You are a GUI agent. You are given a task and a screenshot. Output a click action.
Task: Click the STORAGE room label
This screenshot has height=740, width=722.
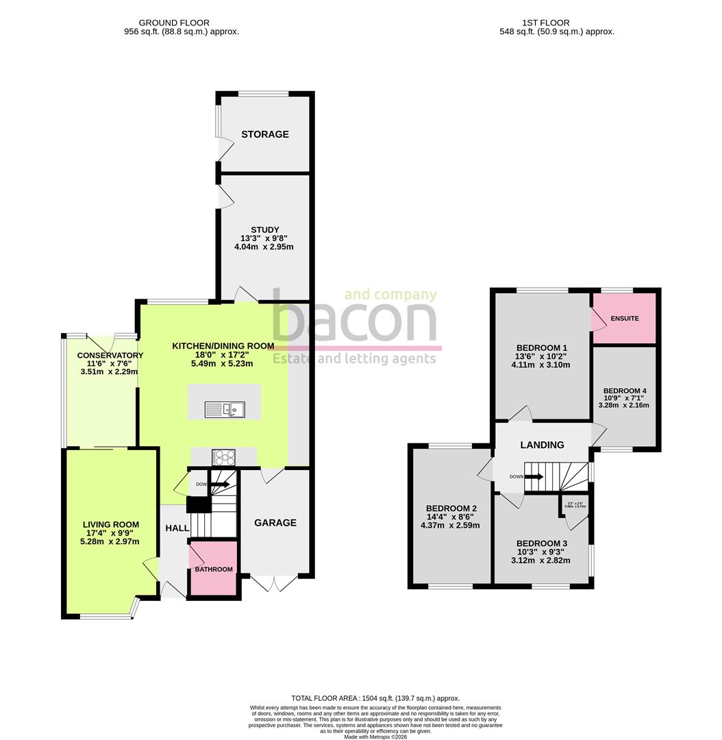264,134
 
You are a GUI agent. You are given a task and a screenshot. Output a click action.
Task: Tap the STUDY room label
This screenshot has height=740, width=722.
264,230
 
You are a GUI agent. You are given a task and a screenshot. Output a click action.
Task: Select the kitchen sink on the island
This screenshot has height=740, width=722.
225,410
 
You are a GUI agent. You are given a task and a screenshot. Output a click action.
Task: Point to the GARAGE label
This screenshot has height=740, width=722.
275,523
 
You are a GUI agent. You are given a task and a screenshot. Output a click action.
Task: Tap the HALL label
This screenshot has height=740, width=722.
177,528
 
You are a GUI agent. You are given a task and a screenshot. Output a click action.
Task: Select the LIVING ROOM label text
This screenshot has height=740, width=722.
110,525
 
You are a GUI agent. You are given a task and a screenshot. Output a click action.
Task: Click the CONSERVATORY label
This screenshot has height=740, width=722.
110,355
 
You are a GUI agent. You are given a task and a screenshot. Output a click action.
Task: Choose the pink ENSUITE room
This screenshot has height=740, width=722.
624,319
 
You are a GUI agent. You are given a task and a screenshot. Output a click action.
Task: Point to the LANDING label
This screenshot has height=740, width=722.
542,445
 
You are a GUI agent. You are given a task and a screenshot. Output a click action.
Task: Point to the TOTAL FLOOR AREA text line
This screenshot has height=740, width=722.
375,698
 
